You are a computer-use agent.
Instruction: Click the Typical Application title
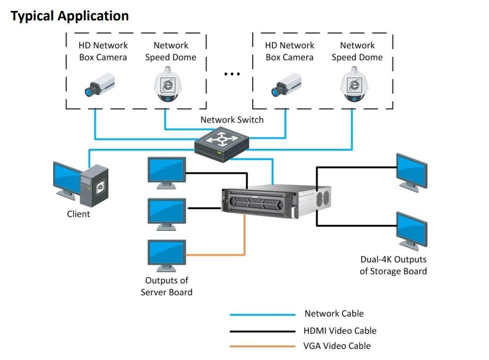point(70,16)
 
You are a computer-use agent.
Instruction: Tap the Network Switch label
point(231,120)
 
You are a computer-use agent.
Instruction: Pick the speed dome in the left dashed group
point(167,84)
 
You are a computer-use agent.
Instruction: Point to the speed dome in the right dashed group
point(354,84)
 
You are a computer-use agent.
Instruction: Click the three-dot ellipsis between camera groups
point(232,74)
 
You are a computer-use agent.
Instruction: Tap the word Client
point(78,214)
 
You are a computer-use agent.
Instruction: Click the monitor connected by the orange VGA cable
point(167,254)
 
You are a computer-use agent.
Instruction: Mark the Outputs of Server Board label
point(167,287)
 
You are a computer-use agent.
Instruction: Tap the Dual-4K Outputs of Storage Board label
point(393,265)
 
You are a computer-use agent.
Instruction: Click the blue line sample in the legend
point(262,315)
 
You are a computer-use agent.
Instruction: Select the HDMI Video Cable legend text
point(340,331)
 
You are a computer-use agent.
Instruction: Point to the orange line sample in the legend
point(262,346)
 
